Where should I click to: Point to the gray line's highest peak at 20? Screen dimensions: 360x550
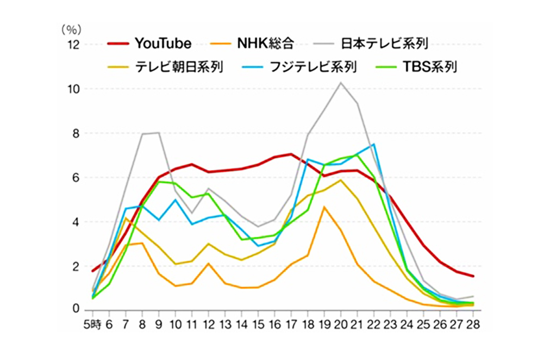(x=341, y=83)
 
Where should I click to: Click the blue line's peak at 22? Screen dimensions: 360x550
(x=374, y=144)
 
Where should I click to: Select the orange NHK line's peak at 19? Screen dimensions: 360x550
(x=324, y=207)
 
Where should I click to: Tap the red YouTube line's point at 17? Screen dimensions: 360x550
(x=291, y=154)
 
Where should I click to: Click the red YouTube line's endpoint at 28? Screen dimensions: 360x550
(x=473, y=276)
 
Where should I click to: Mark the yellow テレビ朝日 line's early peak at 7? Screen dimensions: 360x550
(x=126, y=218)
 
